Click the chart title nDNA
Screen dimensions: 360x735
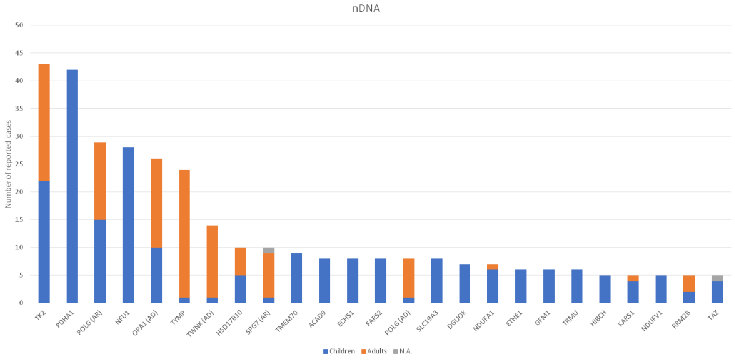point(366,8)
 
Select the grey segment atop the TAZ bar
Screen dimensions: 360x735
point(717,278)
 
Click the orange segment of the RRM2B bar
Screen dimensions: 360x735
point(689,283)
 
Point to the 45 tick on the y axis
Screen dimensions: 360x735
point(19,53)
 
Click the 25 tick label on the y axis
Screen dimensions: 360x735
point(19,164)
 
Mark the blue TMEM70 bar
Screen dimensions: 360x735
point(296,278)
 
